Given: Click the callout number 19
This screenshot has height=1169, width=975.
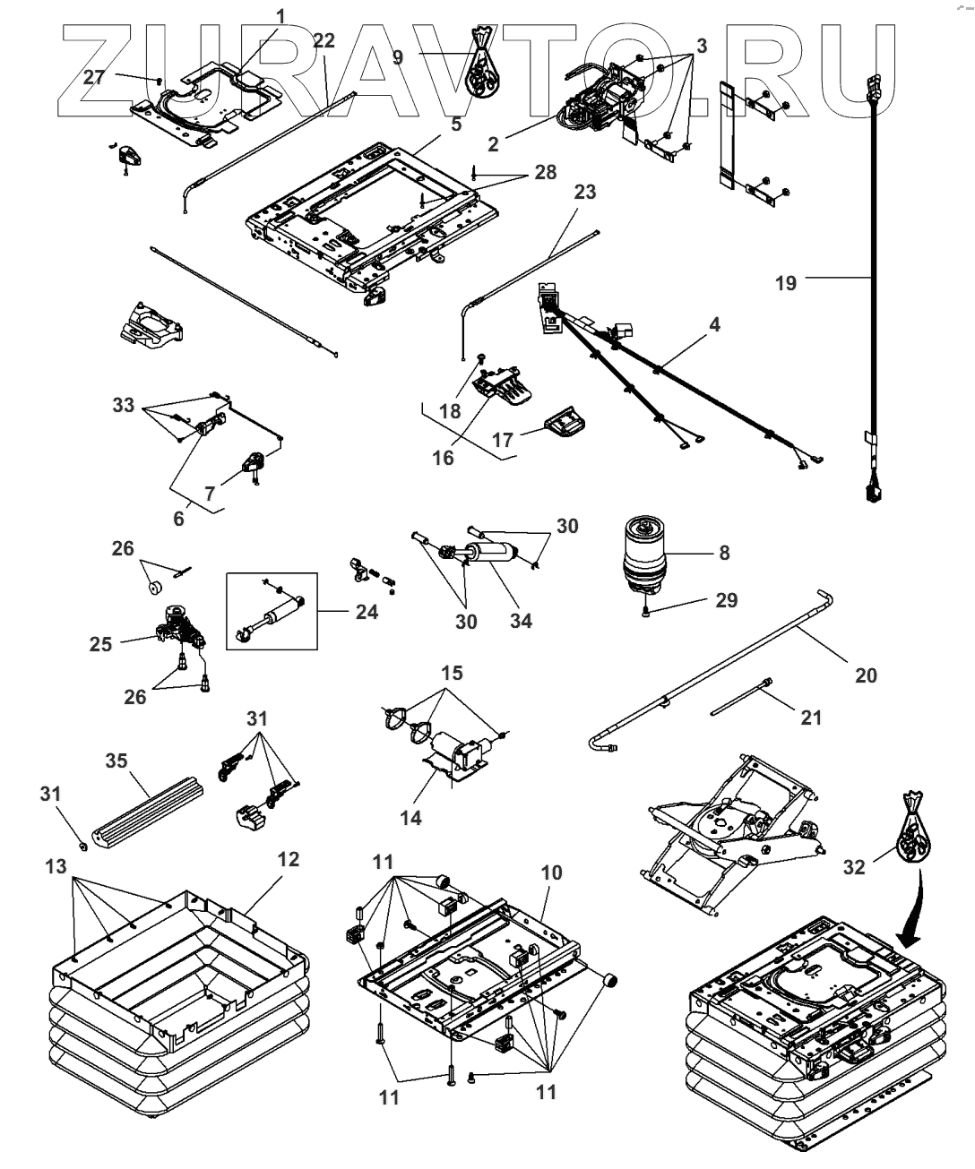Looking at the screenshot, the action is tap(785, 283).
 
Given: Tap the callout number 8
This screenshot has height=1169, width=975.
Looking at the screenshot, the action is tap(724, 553).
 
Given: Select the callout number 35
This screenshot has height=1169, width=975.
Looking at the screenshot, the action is tap(116, 761).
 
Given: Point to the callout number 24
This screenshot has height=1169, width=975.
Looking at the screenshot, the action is tap(367, 611).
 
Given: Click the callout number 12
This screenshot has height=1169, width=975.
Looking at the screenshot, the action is tap(289, 859).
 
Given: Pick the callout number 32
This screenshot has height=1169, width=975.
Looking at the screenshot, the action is tap(854, 867).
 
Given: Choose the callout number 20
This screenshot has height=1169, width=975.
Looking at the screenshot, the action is tap(866, 675).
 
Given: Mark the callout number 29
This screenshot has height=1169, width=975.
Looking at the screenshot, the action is tap(727, 600).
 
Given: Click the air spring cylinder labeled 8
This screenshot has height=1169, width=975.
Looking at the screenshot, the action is tap(644, 552).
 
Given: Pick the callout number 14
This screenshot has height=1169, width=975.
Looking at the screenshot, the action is tap(410, 818).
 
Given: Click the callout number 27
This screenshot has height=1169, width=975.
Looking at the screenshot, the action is tap(93, 77).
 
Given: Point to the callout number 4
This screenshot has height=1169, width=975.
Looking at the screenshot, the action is tap(714, 324).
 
